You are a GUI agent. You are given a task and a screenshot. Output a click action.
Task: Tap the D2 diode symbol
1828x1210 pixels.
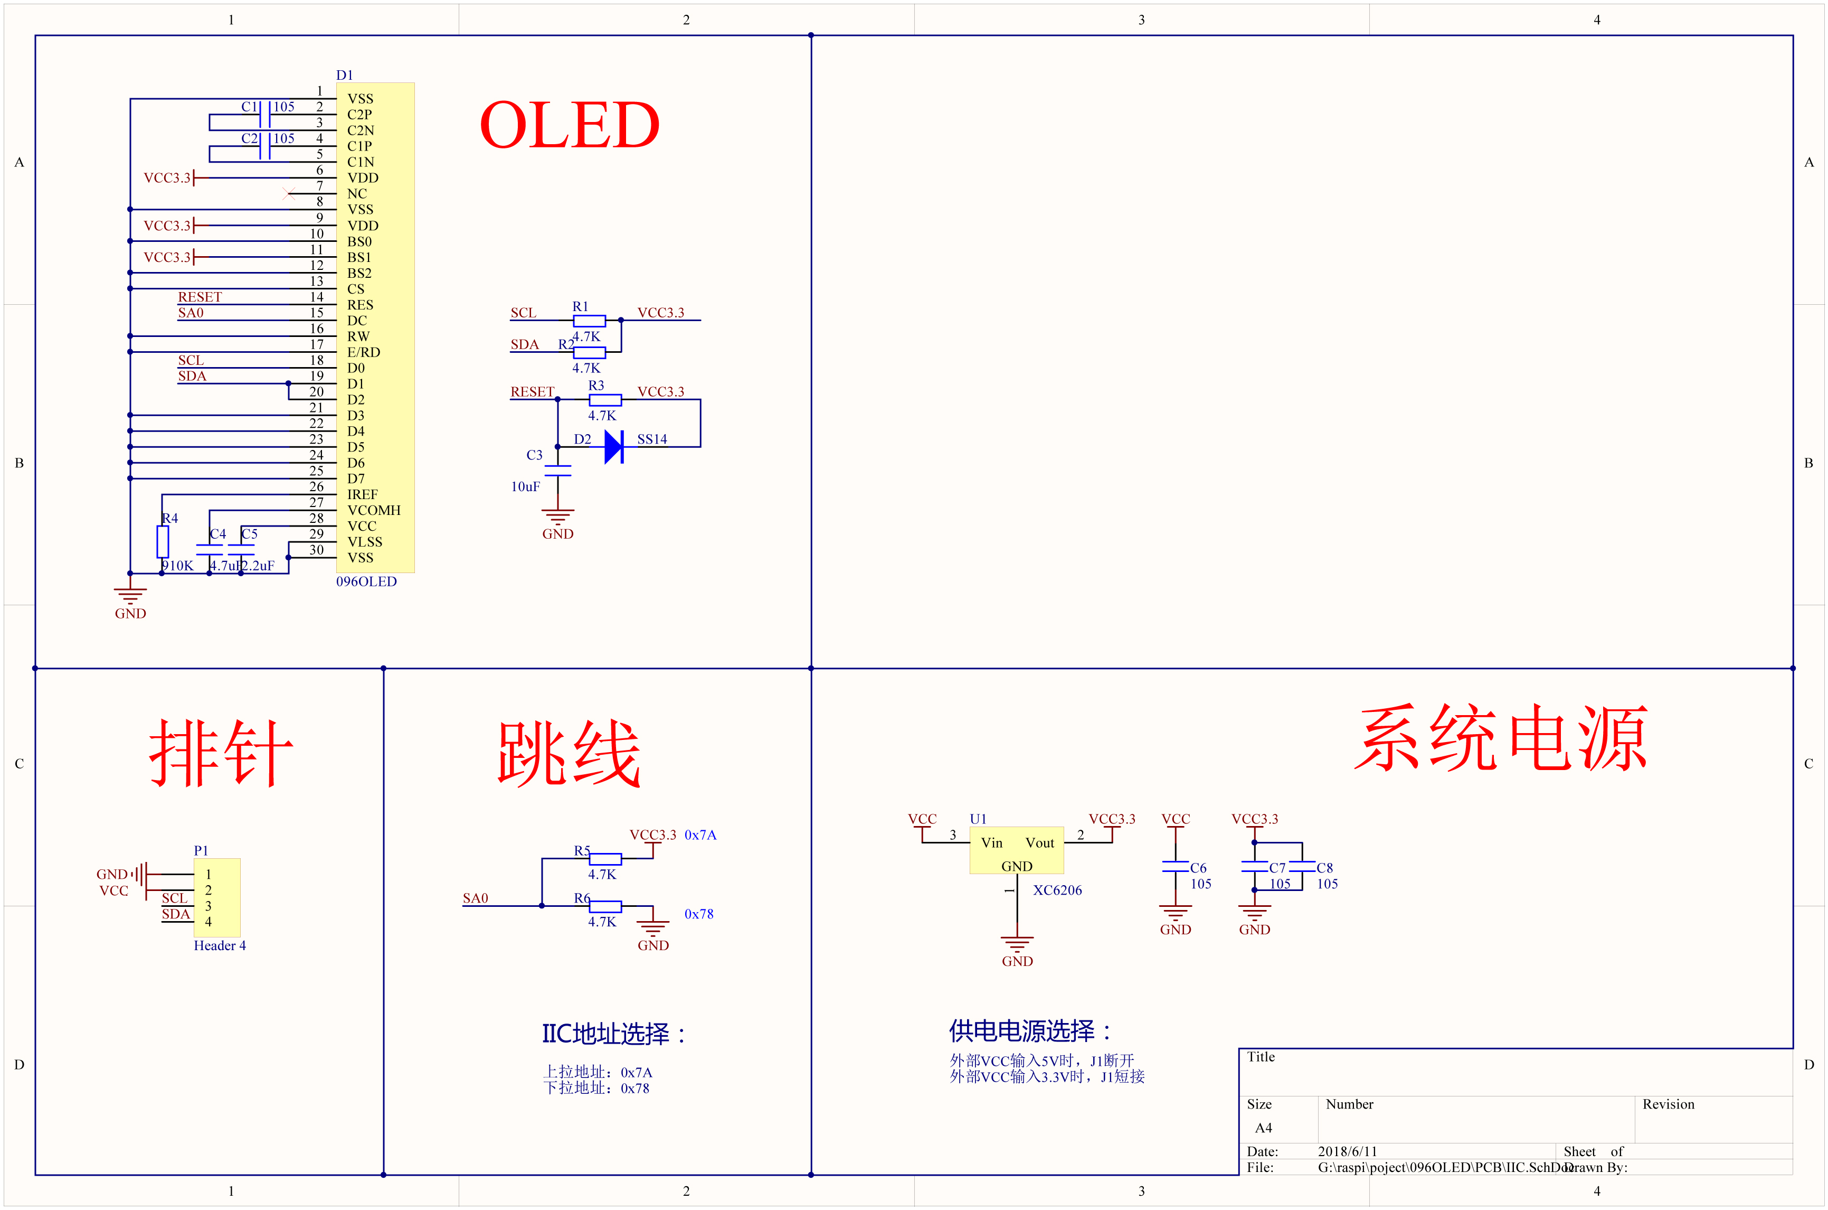613,447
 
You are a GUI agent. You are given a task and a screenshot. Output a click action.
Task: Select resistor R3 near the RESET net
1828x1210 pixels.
605,400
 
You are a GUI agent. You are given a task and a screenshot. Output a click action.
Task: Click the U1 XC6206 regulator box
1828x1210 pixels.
1017,850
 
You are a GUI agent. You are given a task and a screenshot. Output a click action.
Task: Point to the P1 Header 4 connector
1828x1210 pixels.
217,897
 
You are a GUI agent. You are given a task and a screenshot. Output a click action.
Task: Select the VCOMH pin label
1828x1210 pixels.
374,511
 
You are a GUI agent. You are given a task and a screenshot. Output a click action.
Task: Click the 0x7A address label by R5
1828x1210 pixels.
700,835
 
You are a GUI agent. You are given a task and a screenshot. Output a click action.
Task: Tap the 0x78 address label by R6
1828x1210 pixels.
699,914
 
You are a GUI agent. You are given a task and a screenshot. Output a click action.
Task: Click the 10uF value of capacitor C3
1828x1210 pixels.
525,487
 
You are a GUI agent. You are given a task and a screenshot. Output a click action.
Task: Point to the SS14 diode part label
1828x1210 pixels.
652,439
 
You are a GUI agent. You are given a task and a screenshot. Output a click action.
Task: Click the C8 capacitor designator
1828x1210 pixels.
1324,868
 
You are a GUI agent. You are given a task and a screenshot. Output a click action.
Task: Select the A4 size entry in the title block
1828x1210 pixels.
1263,1128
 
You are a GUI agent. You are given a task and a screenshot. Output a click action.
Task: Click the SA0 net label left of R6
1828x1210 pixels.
475,898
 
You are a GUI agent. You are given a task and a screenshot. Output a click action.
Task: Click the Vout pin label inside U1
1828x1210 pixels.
1040,843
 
